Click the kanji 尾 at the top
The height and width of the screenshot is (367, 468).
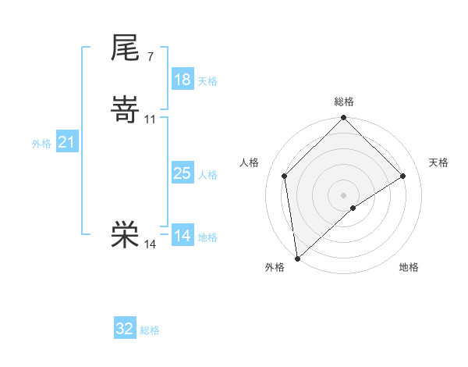pos(125,48)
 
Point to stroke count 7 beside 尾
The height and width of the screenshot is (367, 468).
pos(150,57)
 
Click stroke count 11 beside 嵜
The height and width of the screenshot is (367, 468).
pos(151,119)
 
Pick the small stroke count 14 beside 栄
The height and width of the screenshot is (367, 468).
pos(151,244)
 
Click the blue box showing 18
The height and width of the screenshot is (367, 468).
pos(183,80)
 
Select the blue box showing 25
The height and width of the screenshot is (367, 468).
pos(183,173)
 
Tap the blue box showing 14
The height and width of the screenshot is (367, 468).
pos(183,236)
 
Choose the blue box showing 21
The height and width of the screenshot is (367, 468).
pos(67,142)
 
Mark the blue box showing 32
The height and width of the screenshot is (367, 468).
pos(125,329)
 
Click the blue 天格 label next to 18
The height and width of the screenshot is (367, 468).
pos(207,81)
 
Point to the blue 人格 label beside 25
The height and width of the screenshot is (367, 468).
pos(207,175)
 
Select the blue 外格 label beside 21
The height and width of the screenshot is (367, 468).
pos(41,144)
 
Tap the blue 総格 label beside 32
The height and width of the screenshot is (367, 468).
pos(150,330)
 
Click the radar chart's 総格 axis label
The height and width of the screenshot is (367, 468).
pos(344,102)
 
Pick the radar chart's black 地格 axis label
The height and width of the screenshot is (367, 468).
pos(409,267)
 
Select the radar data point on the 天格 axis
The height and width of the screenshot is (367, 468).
pos(403,176)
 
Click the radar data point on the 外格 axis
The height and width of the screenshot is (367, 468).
pos(297,258)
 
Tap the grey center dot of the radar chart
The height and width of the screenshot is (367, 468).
pos(344,194)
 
